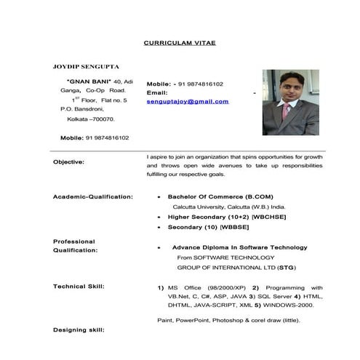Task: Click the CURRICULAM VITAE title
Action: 180,43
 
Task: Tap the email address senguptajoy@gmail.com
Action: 188,101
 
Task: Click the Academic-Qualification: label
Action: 93,196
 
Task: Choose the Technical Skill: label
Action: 79,286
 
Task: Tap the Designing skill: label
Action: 79,330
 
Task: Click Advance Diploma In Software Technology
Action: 239,247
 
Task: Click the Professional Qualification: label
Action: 76,245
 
